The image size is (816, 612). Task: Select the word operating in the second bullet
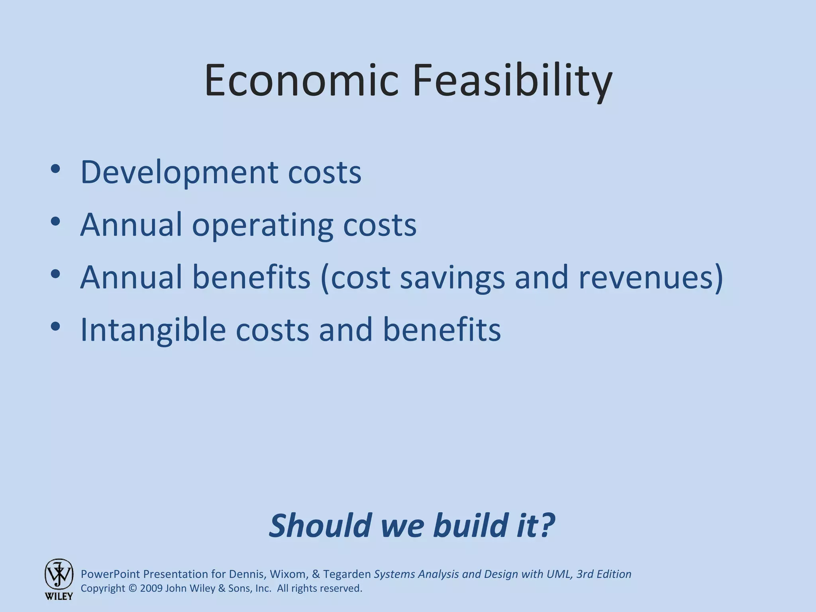(262, 225)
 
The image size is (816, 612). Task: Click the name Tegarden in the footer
(347, 574)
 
